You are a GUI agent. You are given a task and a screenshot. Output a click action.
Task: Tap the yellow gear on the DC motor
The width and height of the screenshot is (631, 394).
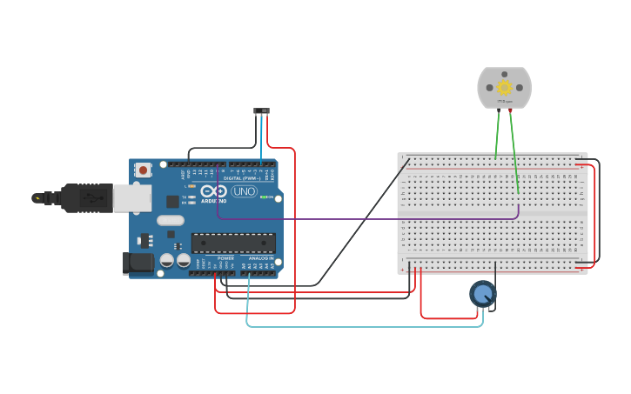pos(504,87)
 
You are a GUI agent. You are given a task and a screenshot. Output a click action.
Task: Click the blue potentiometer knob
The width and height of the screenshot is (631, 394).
pos(482,294)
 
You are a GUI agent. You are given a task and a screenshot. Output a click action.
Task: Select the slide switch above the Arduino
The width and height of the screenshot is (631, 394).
pos(261,110)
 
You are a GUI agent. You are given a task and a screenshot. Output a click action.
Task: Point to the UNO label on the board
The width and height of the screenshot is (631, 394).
pos(244,191)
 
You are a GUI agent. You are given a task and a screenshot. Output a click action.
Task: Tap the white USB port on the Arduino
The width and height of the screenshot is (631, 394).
pos(131,197)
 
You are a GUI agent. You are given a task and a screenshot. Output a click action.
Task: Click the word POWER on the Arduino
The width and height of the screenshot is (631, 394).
pos(225,258)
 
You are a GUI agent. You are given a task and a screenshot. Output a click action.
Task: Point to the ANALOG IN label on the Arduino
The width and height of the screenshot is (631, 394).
pos(260,258)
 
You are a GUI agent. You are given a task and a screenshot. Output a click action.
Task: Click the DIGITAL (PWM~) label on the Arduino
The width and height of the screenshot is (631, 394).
pos(245,178)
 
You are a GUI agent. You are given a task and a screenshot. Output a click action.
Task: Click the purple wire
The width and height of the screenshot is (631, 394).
pos(366,218)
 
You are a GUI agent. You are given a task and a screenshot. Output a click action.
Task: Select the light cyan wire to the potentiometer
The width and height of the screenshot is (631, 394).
pos(366,326)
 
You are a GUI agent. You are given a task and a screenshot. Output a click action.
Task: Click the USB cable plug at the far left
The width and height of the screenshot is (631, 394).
pos(39,198)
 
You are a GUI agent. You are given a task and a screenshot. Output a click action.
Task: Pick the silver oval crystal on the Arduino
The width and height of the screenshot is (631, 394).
pos(171,220)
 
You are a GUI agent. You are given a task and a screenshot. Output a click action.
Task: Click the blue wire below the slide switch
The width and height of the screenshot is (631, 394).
pos(261,139)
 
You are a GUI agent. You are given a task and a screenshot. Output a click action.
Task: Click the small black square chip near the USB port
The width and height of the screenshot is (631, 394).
pos(172,201)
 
